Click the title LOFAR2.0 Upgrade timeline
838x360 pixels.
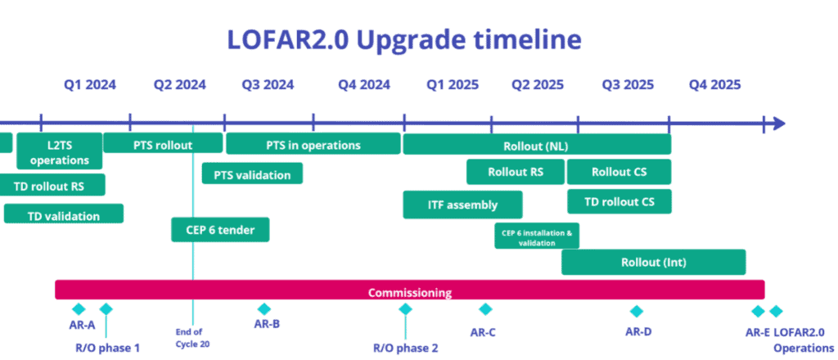(404, 41)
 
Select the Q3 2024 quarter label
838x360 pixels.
(268, 85)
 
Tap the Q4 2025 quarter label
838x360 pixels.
(715, 85)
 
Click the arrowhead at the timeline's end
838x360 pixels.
(779, 124)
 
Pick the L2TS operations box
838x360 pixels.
(59, 151)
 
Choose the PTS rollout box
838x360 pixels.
(163, 143)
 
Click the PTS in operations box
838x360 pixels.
(313, 144)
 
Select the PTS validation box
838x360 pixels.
(252, 173)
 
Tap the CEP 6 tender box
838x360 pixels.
(220, 230)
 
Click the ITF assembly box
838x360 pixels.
(463, 205)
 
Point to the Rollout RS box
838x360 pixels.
(516, 172)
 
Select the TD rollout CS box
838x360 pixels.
(619, 201)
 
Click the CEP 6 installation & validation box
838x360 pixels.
(537, 236)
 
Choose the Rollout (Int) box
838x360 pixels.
(654, 263)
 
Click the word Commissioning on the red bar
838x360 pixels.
(410, 293)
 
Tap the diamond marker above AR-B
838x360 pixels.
(264, 308)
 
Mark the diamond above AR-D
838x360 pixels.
(636, 312)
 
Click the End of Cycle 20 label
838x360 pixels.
(191, 338)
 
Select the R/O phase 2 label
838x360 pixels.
(406, 349)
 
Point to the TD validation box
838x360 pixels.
(64, 214)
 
